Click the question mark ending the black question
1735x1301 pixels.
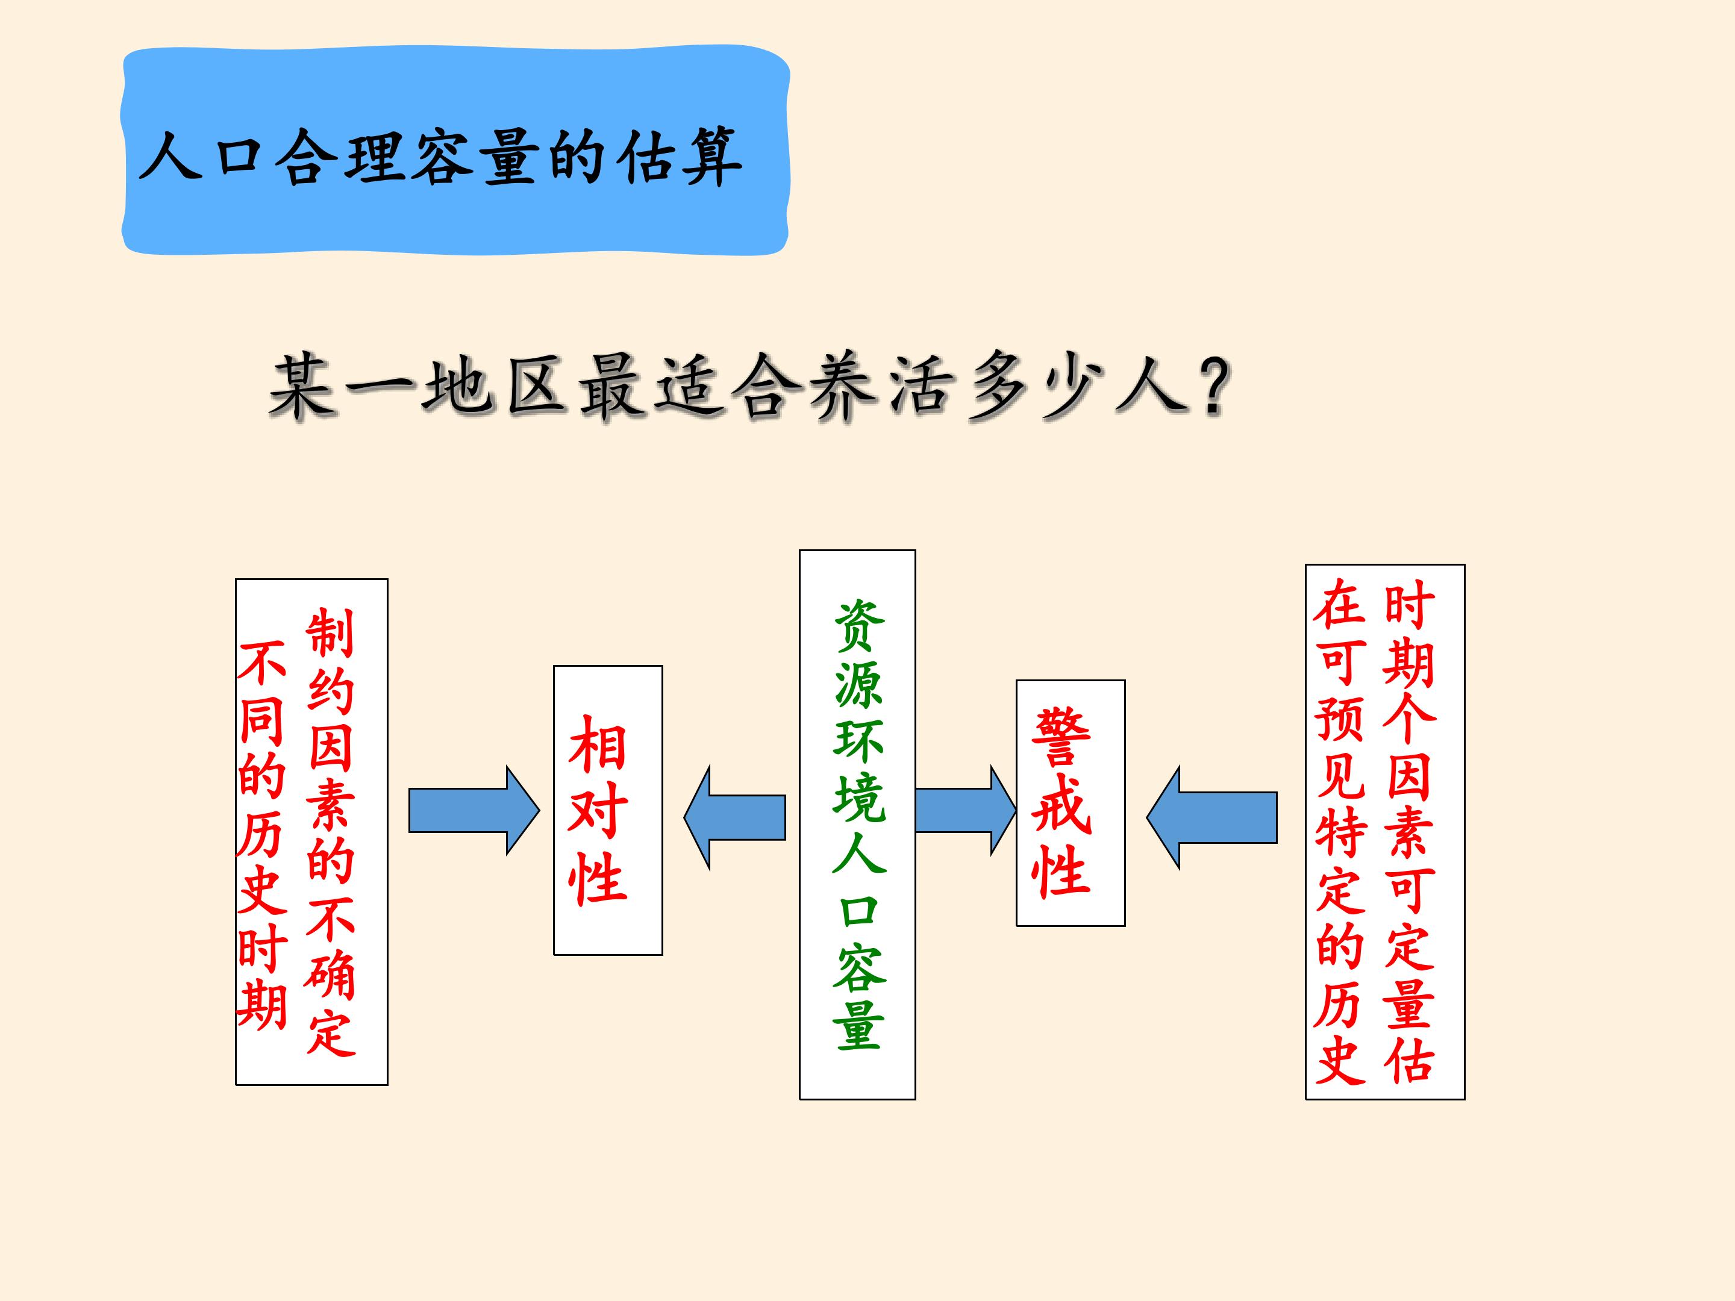point(1208,386)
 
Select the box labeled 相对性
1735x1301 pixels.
point(608,810)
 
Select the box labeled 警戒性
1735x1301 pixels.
point(1071,803)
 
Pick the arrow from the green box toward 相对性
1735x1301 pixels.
point(735,817)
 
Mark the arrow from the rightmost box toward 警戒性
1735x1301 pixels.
point(1212,817)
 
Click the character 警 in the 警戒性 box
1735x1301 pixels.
point(1061,737)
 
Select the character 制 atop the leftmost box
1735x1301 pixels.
point(330,633)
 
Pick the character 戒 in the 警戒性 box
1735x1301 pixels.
point(1061,803)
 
